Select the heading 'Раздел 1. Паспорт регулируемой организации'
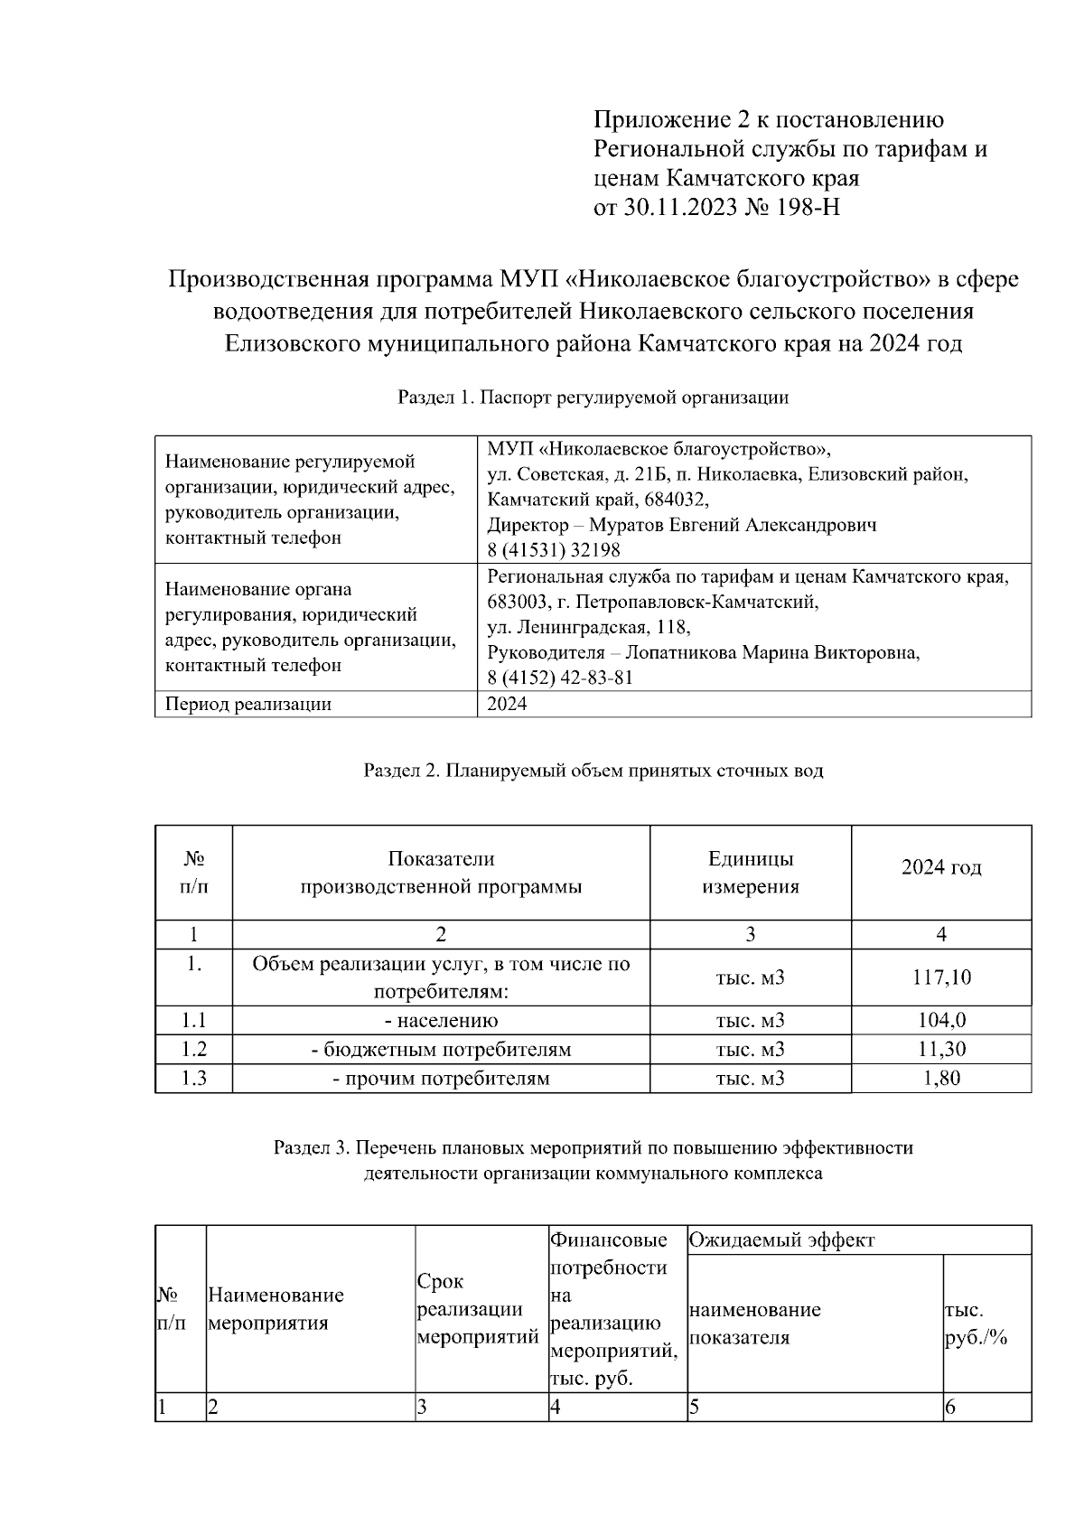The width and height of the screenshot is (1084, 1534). [593, 398]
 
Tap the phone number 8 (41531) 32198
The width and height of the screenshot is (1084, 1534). [554, 550]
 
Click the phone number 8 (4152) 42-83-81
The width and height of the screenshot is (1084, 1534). [560, 678]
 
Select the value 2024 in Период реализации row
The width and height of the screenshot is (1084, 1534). [507, 704]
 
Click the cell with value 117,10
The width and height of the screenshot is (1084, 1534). [941, 977]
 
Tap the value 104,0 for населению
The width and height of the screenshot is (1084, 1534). [941, 1020]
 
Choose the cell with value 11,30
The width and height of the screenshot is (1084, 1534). [941, 1049]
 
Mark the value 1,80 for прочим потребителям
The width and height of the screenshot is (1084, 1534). [941, 1078]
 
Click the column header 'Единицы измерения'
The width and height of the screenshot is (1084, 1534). [750, 872]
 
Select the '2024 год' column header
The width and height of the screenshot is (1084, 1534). [941, 867]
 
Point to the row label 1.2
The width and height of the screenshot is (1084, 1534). [193, 1049]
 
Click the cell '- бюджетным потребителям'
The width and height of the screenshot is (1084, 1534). [441, 1049]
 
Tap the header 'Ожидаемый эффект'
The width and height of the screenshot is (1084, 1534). [782, 1239]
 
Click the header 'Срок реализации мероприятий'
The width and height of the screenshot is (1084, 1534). [477, 1309]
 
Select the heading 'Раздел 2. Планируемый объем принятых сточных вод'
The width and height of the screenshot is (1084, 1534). [593, 771]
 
